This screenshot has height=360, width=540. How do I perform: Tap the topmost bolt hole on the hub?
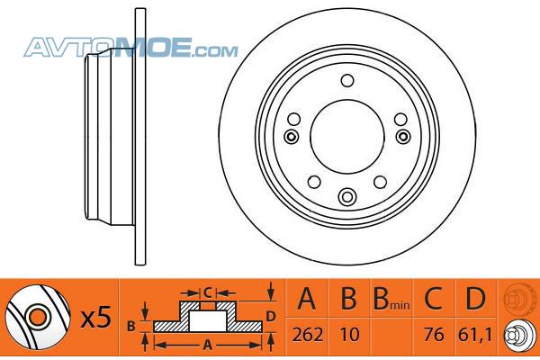tap(347, 81)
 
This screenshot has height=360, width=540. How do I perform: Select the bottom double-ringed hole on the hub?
tap(347, 196)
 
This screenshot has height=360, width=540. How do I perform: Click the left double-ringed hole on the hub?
tap(292, 137)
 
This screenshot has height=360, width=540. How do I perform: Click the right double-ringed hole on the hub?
tap(402, 137)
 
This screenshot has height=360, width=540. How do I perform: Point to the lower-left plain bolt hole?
tap(314, 182)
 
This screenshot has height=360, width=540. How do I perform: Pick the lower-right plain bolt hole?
tap(380, 182)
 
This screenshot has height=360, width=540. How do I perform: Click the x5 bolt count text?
tap(96, 318)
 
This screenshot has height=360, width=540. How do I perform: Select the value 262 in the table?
tap(308, 335)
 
